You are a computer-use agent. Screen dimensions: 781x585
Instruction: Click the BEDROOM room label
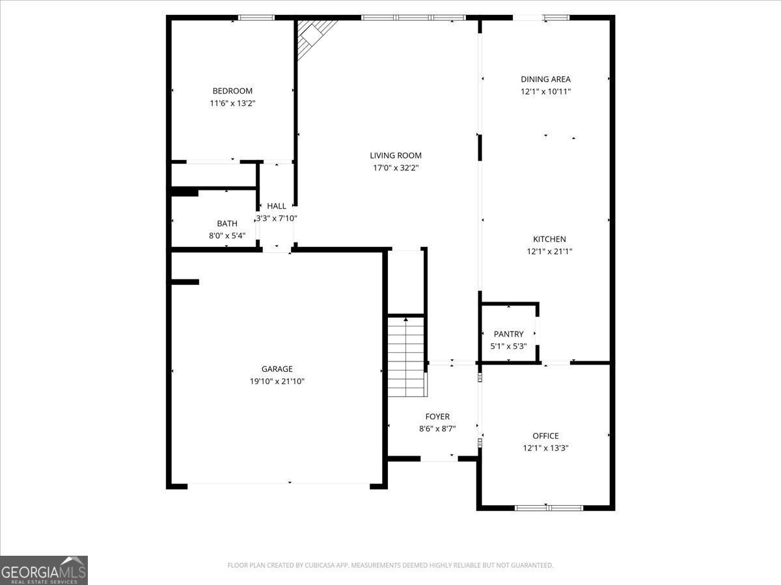[232, 91]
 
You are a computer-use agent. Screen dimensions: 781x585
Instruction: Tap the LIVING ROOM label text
[396, 155]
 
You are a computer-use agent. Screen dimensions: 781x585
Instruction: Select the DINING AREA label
[545, 79]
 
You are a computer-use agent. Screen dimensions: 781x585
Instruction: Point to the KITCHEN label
[549, 239]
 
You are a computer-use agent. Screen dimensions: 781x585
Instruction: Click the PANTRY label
[508, 334]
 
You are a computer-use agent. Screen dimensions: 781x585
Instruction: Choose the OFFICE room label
[545, 435]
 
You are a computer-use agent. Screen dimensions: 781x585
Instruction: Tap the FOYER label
[437, 416]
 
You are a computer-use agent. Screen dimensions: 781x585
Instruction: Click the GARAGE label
[277, 369]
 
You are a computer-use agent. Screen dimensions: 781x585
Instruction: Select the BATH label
[227, 224]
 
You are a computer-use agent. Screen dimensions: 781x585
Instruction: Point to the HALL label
[277, 206]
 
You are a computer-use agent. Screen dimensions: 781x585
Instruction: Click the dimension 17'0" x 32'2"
[396, 168]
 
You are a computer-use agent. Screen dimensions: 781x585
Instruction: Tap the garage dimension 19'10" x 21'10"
[277, 381]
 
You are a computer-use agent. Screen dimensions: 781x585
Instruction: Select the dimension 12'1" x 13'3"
[545, 448]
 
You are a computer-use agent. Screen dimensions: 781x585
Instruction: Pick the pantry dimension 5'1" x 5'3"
[508, 346]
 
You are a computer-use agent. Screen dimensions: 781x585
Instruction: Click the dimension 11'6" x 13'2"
[232, 103]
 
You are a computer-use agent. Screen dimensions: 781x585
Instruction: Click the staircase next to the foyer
[407, 357]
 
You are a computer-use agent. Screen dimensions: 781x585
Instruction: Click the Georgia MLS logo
[44, 570]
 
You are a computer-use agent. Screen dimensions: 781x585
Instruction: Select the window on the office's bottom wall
[549, 508]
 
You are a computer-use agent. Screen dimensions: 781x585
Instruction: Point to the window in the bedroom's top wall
[256, 18]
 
